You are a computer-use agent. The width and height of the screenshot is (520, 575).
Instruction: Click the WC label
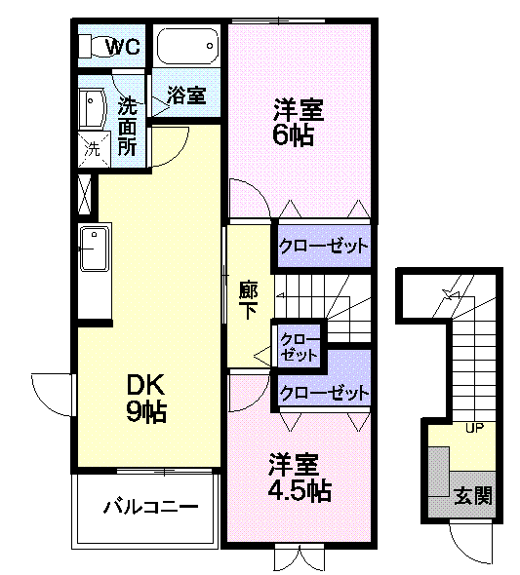point(123,46)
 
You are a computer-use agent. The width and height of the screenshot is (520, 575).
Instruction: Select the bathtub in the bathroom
point(188,45)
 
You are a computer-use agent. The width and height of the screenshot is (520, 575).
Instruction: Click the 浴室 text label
point(186,95)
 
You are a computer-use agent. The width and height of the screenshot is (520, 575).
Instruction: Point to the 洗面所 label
point(128,125)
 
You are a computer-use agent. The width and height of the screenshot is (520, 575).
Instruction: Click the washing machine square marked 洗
point(93,150)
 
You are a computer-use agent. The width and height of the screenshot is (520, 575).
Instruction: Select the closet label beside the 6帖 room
point(323,245)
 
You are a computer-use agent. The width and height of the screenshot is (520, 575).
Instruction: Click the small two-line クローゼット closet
point(299,347)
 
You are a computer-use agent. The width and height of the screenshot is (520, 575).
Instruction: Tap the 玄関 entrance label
point(473,495)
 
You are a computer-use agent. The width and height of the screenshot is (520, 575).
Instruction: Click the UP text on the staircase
point(475,428)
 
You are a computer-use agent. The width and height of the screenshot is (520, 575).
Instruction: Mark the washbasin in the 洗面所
point(94,110)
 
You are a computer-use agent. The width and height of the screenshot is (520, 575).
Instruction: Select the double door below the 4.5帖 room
point(298,556)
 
